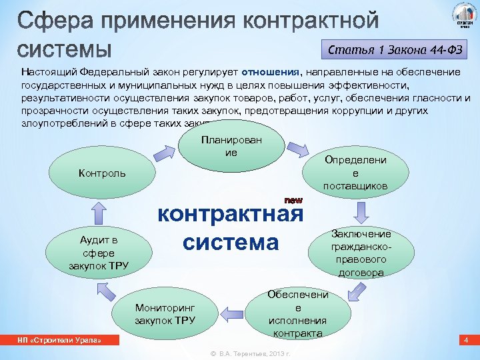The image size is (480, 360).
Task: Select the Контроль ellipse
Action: tap(101, 174)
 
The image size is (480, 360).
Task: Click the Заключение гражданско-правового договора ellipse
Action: tap(361, 253)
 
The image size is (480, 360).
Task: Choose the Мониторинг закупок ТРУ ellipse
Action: tap(165, 314)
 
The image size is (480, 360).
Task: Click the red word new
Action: tap(293, 200)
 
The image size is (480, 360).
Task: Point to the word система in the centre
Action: tap(231, 242)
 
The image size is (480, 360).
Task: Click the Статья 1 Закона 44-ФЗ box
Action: tap(394, 49)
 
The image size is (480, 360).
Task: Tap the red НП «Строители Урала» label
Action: tap(59, 341)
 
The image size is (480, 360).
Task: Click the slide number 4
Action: tap(466, 341)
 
